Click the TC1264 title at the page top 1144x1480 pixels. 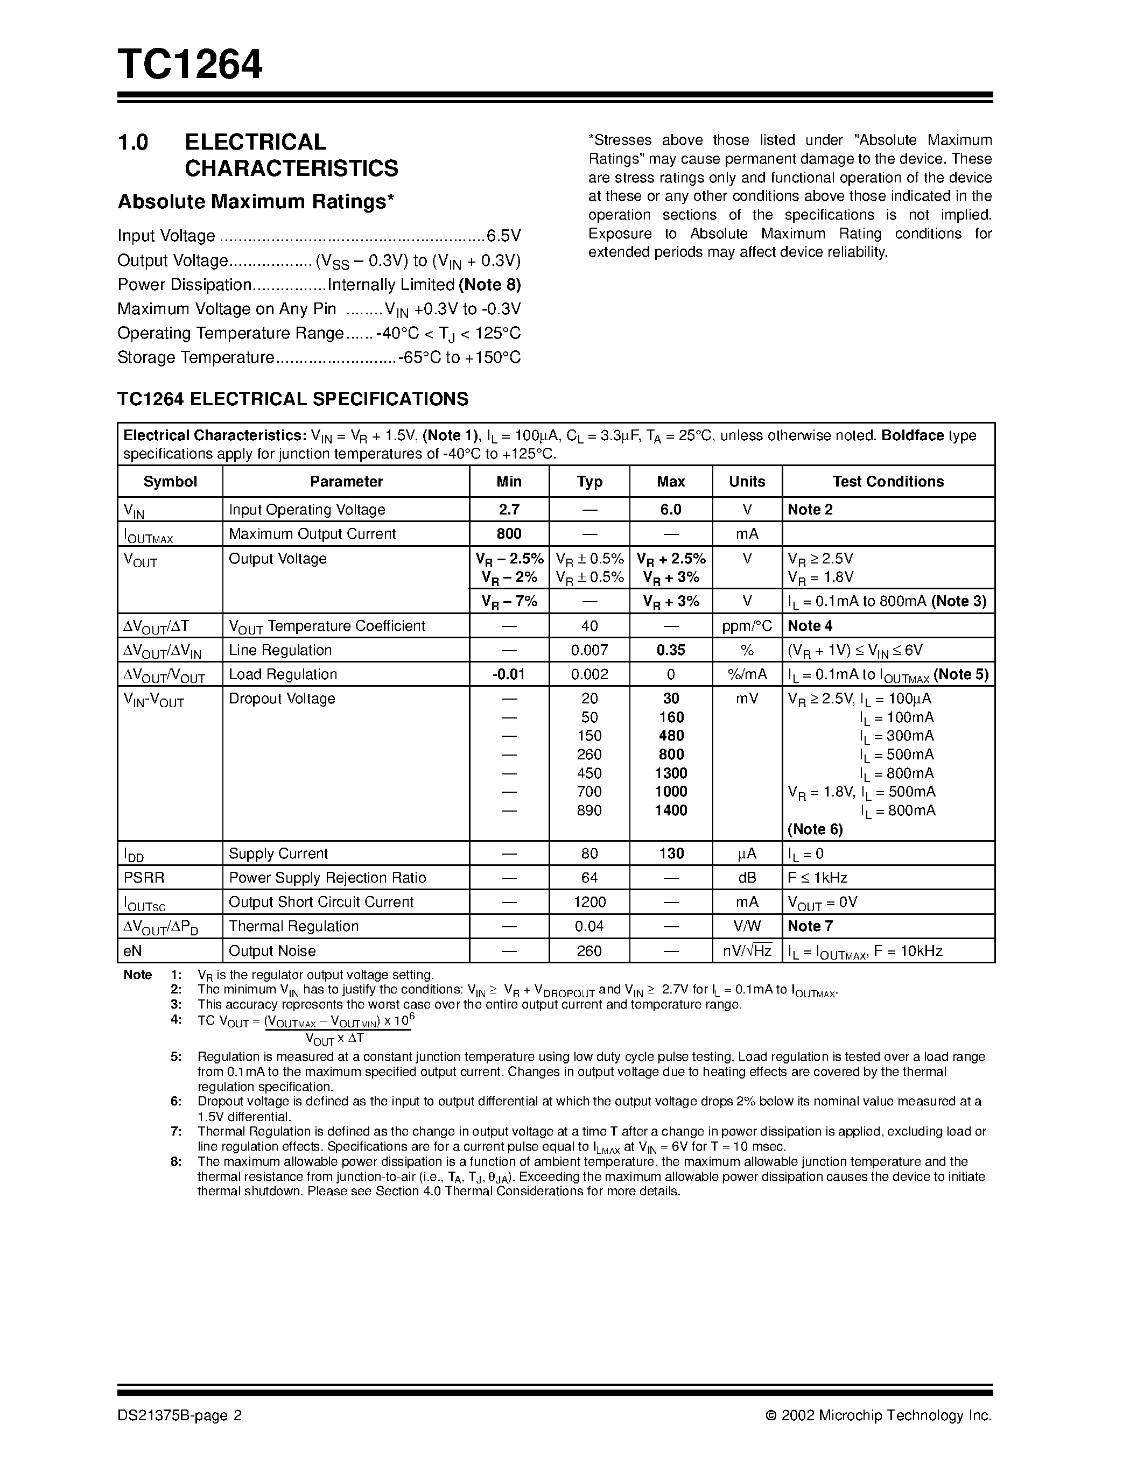tap(190, 65)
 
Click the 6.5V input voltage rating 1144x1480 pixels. tap(503, 236)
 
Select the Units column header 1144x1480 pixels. tap(747, 481)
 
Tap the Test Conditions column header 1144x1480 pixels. tap(888, 481)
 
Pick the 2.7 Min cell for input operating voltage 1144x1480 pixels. tap(508, 510)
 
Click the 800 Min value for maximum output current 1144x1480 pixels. tap(508, 534)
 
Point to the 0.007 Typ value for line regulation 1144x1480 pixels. tap(589, 650)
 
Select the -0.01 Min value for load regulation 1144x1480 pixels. tap(508, 674)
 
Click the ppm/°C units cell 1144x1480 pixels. tap(747, 626)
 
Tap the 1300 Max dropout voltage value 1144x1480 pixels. tap(670, 773)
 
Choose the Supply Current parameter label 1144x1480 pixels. tap(278, 853)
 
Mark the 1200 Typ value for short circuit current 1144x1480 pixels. tap(589, 902)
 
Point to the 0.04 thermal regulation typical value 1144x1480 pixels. tap(589, 926)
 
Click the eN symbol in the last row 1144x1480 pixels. tap(133, 951)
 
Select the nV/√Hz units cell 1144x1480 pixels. tap(747, 951)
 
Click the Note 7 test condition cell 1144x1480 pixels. tap(810, 926)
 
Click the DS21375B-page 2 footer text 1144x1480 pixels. tap(180, 1415)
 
